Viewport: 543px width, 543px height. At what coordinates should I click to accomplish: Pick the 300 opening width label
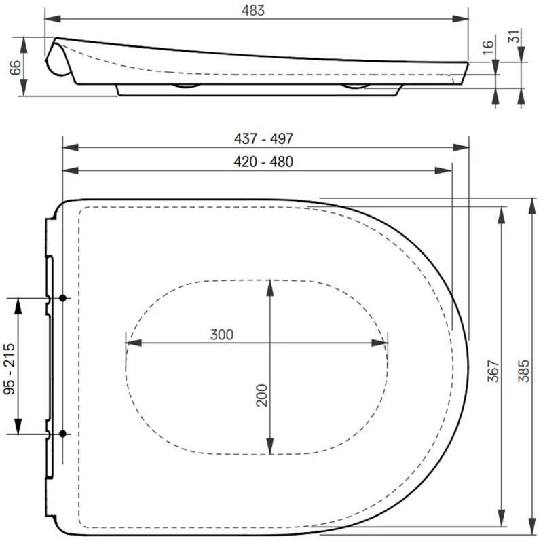(x=222, y=335)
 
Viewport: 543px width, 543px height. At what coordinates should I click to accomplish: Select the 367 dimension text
(x=493, y=371)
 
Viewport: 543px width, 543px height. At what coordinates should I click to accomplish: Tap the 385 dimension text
(x=524, y=371)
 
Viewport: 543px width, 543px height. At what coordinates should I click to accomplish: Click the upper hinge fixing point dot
(x=62, y=298)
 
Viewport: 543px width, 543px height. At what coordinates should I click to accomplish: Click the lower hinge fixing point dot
(x=62, y=433)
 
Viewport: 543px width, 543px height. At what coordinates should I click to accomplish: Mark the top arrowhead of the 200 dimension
(x=270, y=286)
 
